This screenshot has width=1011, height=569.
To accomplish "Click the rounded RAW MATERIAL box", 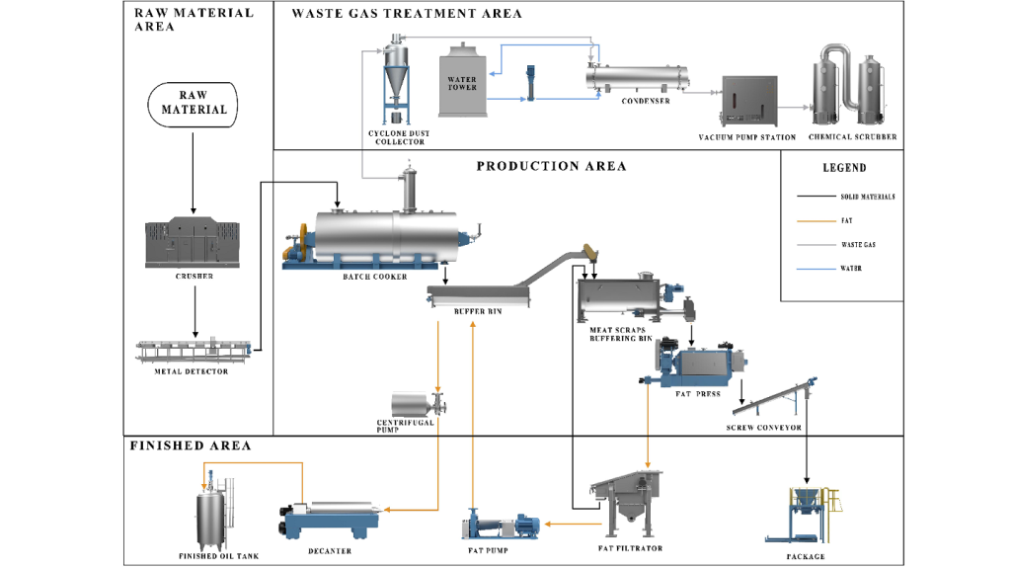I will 194,103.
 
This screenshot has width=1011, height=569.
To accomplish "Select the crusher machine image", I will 194,241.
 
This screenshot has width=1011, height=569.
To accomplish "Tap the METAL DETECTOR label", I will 194,371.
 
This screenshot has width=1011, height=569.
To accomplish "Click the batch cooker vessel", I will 388,238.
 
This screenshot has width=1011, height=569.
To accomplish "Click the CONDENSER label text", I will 646,101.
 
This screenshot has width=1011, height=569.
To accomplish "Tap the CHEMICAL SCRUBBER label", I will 852,137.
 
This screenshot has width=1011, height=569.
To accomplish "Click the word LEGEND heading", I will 844,168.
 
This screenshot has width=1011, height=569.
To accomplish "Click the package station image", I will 807,510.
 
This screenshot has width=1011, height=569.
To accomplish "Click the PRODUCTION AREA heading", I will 551,166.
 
